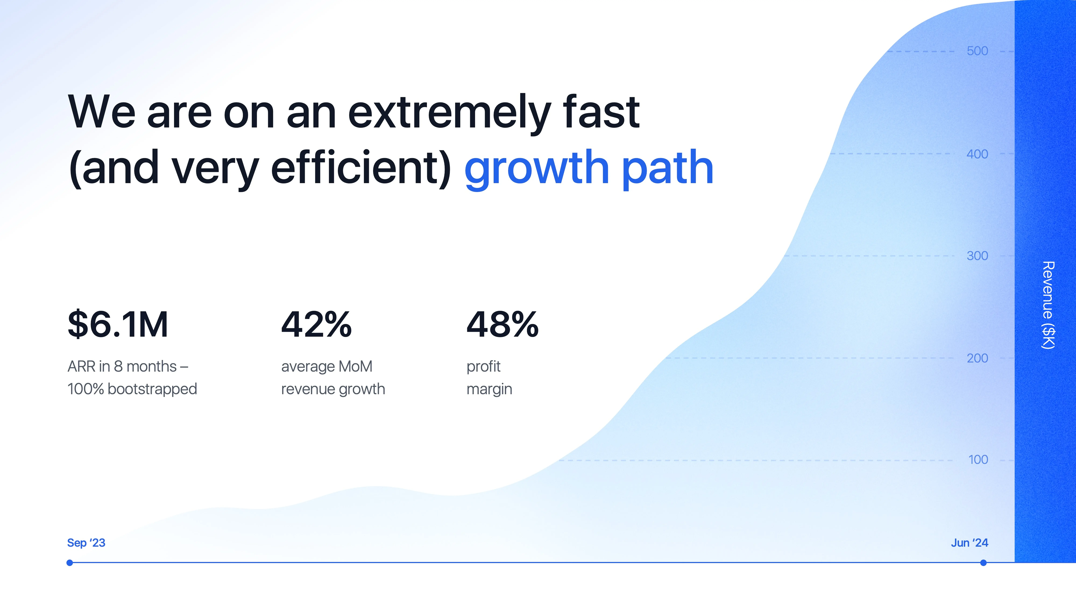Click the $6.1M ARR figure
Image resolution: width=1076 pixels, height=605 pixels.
tap(118, 324)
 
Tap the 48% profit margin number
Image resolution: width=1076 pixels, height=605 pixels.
tap(502, 324)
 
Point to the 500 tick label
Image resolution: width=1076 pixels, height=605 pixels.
tap(977, 51)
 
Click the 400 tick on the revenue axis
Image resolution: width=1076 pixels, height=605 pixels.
tap(977, 154)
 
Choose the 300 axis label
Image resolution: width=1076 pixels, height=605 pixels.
tap(977, 256)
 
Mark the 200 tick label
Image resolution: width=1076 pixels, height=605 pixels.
tap(977, 358)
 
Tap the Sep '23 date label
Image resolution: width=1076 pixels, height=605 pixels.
tap(86, 543)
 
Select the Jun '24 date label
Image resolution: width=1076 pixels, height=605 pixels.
tap(969, 543)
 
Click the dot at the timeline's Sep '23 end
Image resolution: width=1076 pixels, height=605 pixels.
tap(70, 563)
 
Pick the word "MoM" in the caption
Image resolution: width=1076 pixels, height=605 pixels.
tap(355, 366)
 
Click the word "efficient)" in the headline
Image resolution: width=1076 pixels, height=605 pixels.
tap(361, 167)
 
